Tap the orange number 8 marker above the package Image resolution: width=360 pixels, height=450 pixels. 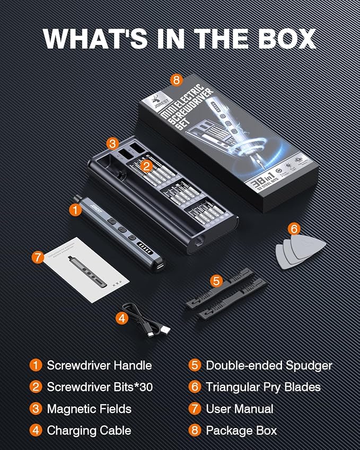click(x=177, y=80)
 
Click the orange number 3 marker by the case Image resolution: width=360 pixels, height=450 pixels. click(x=111, y=144)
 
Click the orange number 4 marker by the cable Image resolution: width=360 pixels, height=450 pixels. click(x=122, y=318)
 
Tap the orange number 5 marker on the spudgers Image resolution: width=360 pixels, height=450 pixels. click(x=216, y=280)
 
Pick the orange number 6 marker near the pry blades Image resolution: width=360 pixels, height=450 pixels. click(x=294, y=229)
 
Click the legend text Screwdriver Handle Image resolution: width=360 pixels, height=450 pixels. click(x=99, y=365)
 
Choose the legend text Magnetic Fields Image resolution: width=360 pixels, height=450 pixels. click(x=89, y=409)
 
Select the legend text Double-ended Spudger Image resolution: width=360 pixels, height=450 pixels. click(x=269, y=365)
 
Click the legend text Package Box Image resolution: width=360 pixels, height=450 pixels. click(x=241, y=430)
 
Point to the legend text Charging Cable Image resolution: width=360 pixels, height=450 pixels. click(x=89, y=430)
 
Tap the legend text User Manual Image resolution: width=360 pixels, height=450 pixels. click(x=240, y=409)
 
